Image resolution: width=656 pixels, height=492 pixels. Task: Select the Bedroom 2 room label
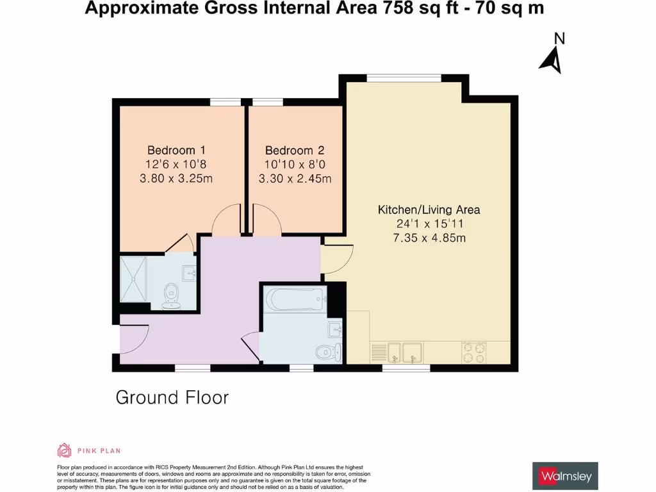(x=295, y=151)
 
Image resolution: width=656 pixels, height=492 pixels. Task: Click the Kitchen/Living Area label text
(x=429, y=210)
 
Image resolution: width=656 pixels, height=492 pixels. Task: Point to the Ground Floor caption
(x=172, y=398)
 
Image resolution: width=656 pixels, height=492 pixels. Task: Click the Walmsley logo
(x=565, y=476)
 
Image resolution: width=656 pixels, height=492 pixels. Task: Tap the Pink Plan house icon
(x=64, y=450)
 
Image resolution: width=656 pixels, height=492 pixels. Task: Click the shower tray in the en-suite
(x=134, y=279)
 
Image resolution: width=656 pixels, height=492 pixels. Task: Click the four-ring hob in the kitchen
(x=474, y=351)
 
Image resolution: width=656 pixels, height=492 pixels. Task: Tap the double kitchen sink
(x=396, y=351)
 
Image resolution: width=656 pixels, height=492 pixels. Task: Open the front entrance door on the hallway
(x=131, y=338)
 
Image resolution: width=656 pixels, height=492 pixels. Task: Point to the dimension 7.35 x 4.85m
(x=429, y=238)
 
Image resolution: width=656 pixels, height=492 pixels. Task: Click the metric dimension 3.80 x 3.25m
(x=176, y=179)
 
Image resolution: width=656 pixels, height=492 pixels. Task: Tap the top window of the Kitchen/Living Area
(x=404, y=78)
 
